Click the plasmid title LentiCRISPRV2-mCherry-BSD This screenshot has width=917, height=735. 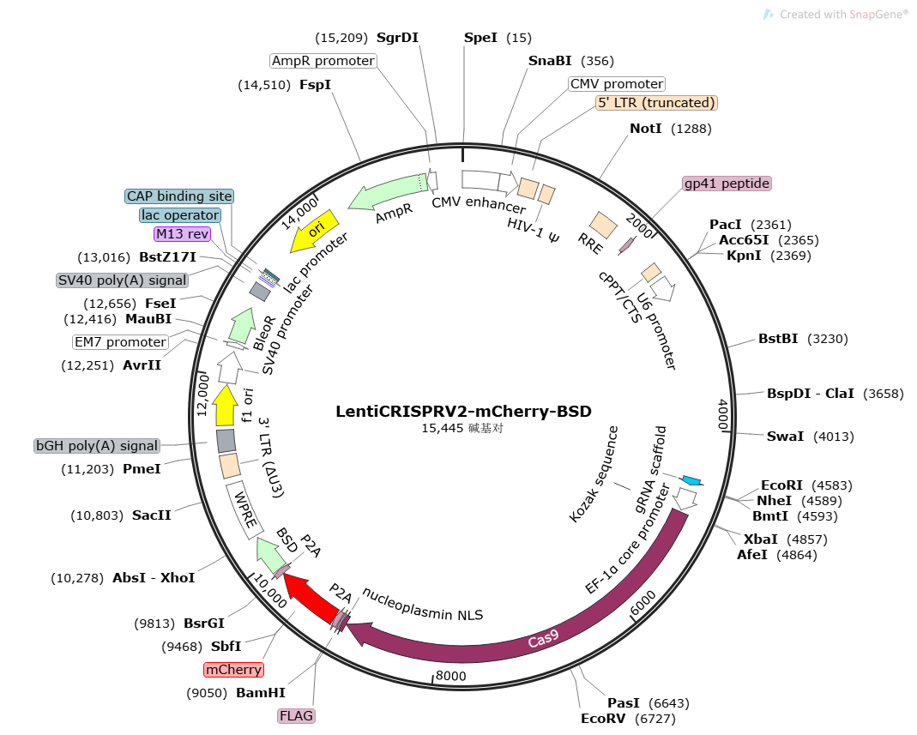point(463,411)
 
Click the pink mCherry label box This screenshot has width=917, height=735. point(233,669)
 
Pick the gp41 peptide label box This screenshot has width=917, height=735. point(727,184)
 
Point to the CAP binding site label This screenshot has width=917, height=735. point(179,196)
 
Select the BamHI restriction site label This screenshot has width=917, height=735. point(260,693)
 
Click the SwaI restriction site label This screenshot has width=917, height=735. point(785,437)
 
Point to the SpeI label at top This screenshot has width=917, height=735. point(480,38)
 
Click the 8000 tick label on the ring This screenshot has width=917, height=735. point(450,676)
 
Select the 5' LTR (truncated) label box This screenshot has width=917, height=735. point(656,103)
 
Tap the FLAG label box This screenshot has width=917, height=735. point(296,715)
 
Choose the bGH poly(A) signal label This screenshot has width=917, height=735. point(97,446)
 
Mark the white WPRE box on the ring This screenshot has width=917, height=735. point(244,509)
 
